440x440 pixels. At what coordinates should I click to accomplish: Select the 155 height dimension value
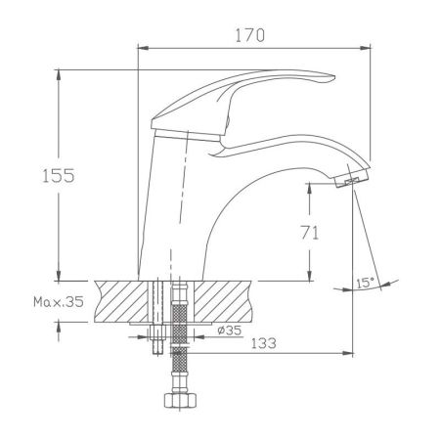(x=38, y=176)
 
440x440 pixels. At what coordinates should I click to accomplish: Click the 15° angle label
(x=366, y=284)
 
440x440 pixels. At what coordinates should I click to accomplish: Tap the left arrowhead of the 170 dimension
(x=143, y=46)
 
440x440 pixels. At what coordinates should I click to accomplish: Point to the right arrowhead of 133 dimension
(x=347, y=353)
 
